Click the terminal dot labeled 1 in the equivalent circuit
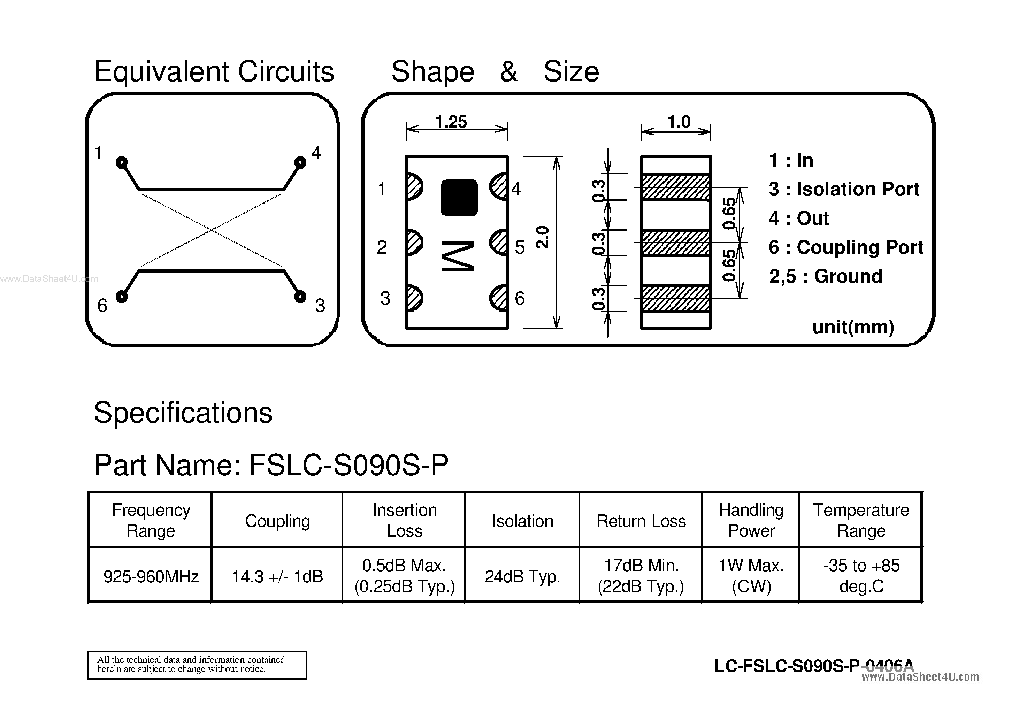(121, 162)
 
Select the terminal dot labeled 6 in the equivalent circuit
(121, 297)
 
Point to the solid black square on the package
(459, 198)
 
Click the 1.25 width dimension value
(451, 122)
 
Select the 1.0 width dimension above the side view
(679, 122)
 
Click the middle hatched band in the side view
(676, 243)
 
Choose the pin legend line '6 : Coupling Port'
(845, 247)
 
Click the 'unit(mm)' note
(853, 327)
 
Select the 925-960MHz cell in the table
(151, 576)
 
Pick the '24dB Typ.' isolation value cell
(522, 576)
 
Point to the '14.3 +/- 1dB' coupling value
(277, 576)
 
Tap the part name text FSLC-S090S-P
(348, 465)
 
